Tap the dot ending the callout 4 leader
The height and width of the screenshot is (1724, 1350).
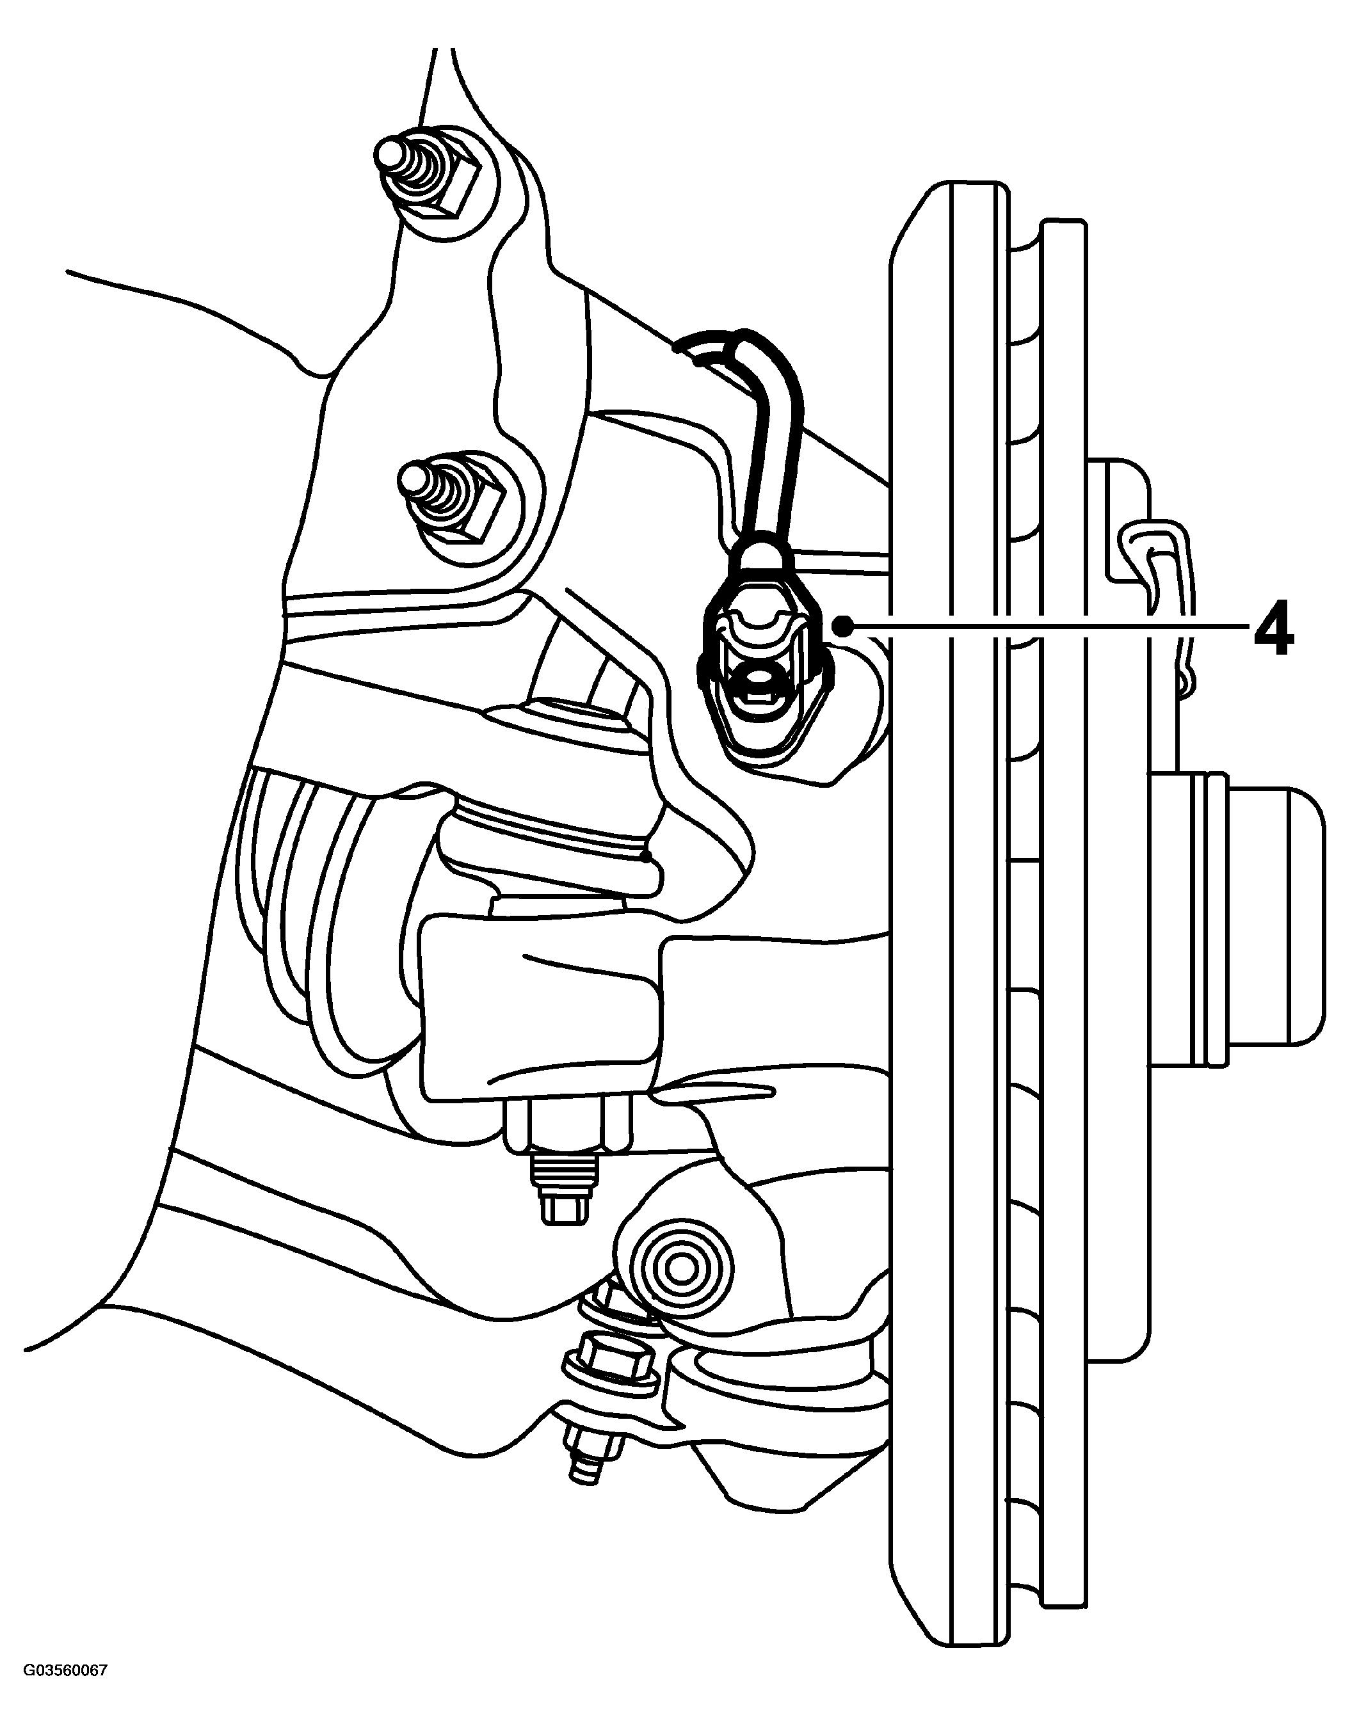pyautogui.click(x=848, y=627)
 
